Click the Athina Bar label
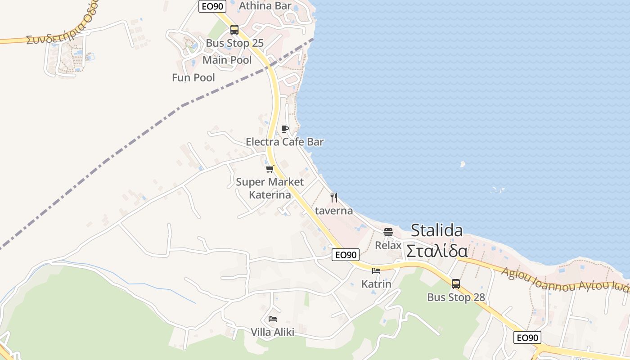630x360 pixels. click(265, 6)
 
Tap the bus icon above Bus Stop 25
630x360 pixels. click(234, 30)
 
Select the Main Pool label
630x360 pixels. click(227, 60)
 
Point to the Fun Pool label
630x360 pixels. click(193, 77)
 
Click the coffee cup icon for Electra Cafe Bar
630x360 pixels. click(285, 129)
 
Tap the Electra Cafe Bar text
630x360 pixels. click(284, 142)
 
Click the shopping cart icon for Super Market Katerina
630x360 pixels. click(270, 169)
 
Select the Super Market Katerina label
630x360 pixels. click(270, 188)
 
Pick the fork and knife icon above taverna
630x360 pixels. click(334, 197)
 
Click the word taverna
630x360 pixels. click(334, 211)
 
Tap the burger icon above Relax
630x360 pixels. click(388, 232)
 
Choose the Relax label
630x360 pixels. click(388, 245)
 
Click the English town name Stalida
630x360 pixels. click(437, 230)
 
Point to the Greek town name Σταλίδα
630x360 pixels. click(437, 251)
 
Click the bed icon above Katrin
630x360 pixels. click(376, 271)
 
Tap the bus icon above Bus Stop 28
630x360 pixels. click(456, 284)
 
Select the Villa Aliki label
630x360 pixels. click(273, 332)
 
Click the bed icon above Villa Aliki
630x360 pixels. click(273, 319)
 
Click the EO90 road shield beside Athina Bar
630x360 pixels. click(212, 6)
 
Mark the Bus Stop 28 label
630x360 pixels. click(456, 297)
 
